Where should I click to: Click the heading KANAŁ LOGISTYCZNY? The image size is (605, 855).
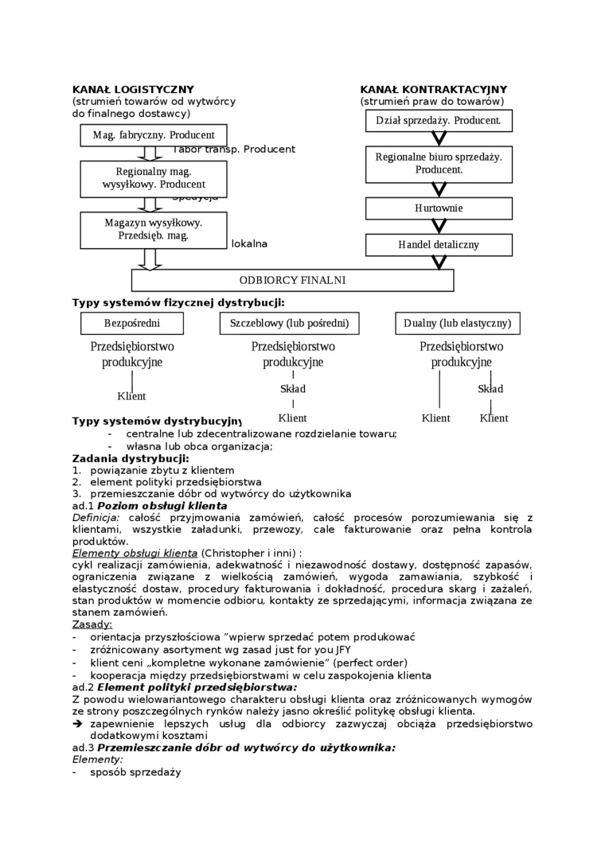tap(133, 90)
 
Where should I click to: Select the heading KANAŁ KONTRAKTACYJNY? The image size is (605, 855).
tap(433, 90)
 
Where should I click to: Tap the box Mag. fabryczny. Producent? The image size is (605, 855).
tap(153, 135)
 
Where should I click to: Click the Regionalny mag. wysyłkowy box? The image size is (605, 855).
tap(153, 178)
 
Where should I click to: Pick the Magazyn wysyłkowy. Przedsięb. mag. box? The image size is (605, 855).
tap(153, 229)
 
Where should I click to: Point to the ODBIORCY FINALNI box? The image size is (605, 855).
tap(292, 280)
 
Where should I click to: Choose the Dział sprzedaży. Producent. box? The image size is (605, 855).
tap(439, 120)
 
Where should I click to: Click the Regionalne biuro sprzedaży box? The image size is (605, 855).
tap(439, 163)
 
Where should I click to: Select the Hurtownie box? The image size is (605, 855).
tap(439, 208)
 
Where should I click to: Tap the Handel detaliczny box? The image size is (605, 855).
tap(439, 244)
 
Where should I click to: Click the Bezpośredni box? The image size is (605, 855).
tap(132, 323)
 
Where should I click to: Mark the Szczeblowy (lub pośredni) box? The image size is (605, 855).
tap(289, 323)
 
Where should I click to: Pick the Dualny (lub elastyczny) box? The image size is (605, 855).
tap(457, 323)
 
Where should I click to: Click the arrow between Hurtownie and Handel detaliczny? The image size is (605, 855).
tap(439, 226)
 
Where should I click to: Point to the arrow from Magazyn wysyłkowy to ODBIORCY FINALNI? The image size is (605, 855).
tap(150, 259)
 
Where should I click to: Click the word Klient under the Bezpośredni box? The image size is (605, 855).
tap(131, 396)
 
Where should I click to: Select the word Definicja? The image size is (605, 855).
tap(96, 517)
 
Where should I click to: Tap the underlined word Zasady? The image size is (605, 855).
tap(92, 625)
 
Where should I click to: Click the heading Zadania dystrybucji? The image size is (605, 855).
tap(131, 458)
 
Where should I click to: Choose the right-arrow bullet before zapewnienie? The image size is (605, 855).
tap(77, 725)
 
